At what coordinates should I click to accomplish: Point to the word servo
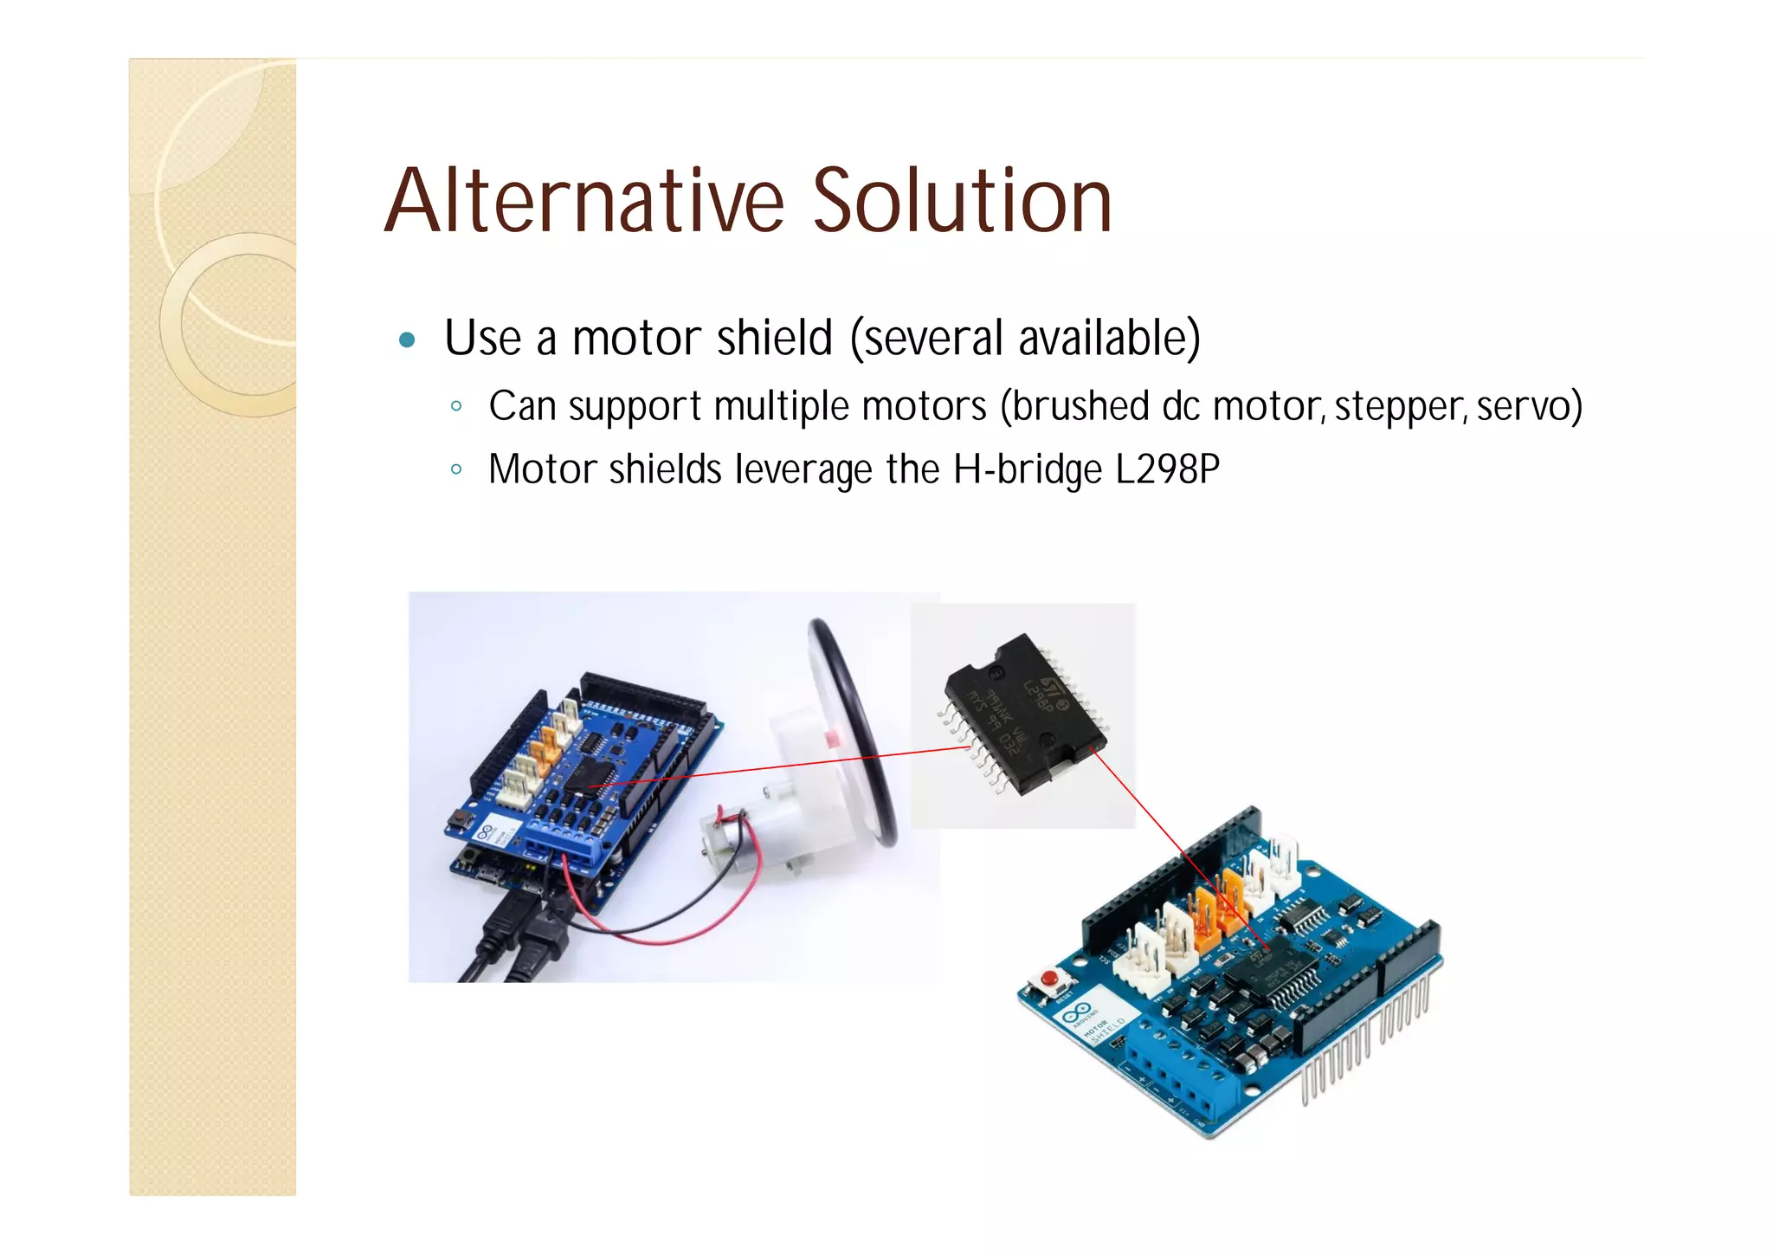coord(1528,406)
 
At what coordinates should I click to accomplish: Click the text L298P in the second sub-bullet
coord(1167,469)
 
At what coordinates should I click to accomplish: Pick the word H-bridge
coord(1028,469)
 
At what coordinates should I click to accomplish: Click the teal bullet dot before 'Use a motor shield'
coord(407,339)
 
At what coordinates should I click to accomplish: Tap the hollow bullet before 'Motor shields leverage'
coord(456,470)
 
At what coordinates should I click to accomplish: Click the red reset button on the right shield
coord(1049,979)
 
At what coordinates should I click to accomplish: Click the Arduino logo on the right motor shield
coord(1076,1011)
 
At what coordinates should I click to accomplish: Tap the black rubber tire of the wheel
coord(857,727)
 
